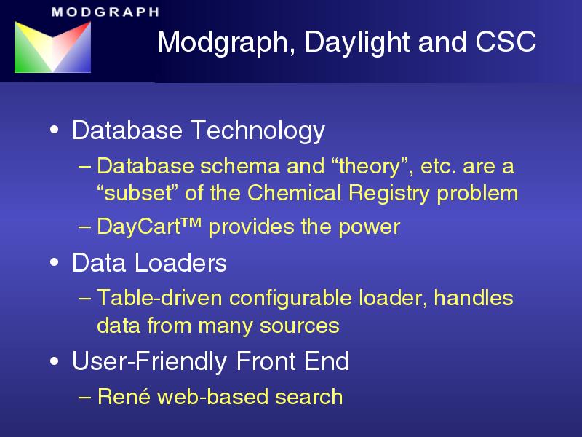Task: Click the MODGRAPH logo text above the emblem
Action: click(x=105, y=12)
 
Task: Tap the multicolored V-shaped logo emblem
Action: click(x=52, y=47)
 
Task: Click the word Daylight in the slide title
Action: click(x=357, y=42)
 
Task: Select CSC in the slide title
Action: click(x=506, y=42)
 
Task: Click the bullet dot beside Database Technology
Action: click(x=54, y=130)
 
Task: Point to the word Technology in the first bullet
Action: click(x=258, y=131)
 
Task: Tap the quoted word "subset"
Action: click(x=137, y=193)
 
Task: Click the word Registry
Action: click(x=389, y=194)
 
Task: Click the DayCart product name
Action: click(x=138, y=226)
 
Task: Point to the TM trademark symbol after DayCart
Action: click(x=191, y=222)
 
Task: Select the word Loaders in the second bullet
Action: click(x=180, y=263)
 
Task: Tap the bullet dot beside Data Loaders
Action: click(x=54, y=262)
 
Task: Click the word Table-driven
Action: click(x=159, y=298)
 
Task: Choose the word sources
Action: click(x=300, y=326)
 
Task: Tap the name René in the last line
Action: click(x=124, y=396)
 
